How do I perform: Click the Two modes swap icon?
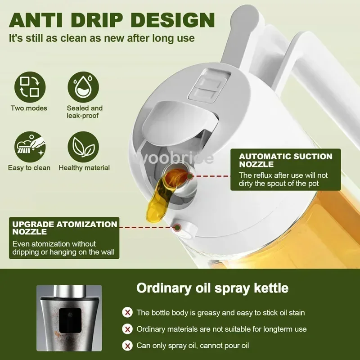[x=30, y=87]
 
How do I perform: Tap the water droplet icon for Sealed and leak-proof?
[x=83, y=87]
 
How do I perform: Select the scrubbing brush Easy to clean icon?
[x=30, y=147]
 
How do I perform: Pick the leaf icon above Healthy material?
[x=83, y=147]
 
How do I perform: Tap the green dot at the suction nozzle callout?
[x=190, y=176]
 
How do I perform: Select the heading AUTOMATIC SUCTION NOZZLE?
[x=285, y=160]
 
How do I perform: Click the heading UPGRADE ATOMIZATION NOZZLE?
[x=64, y=228]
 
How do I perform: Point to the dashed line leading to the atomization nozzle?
[x=147, y=228]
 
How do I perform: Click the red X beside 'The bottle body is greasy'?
[x=127, y=312]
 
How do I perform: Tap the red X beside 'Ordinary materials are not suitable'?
[x=127, y=329]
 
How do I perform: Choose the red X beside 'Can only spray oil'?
[x=127, y=345]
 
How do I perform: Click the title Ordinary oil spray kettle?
[x=212, y=288]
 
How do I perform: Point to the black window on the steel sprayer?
[x=70, y=320]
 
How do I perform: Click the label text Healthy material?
[x=84, y=168]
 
